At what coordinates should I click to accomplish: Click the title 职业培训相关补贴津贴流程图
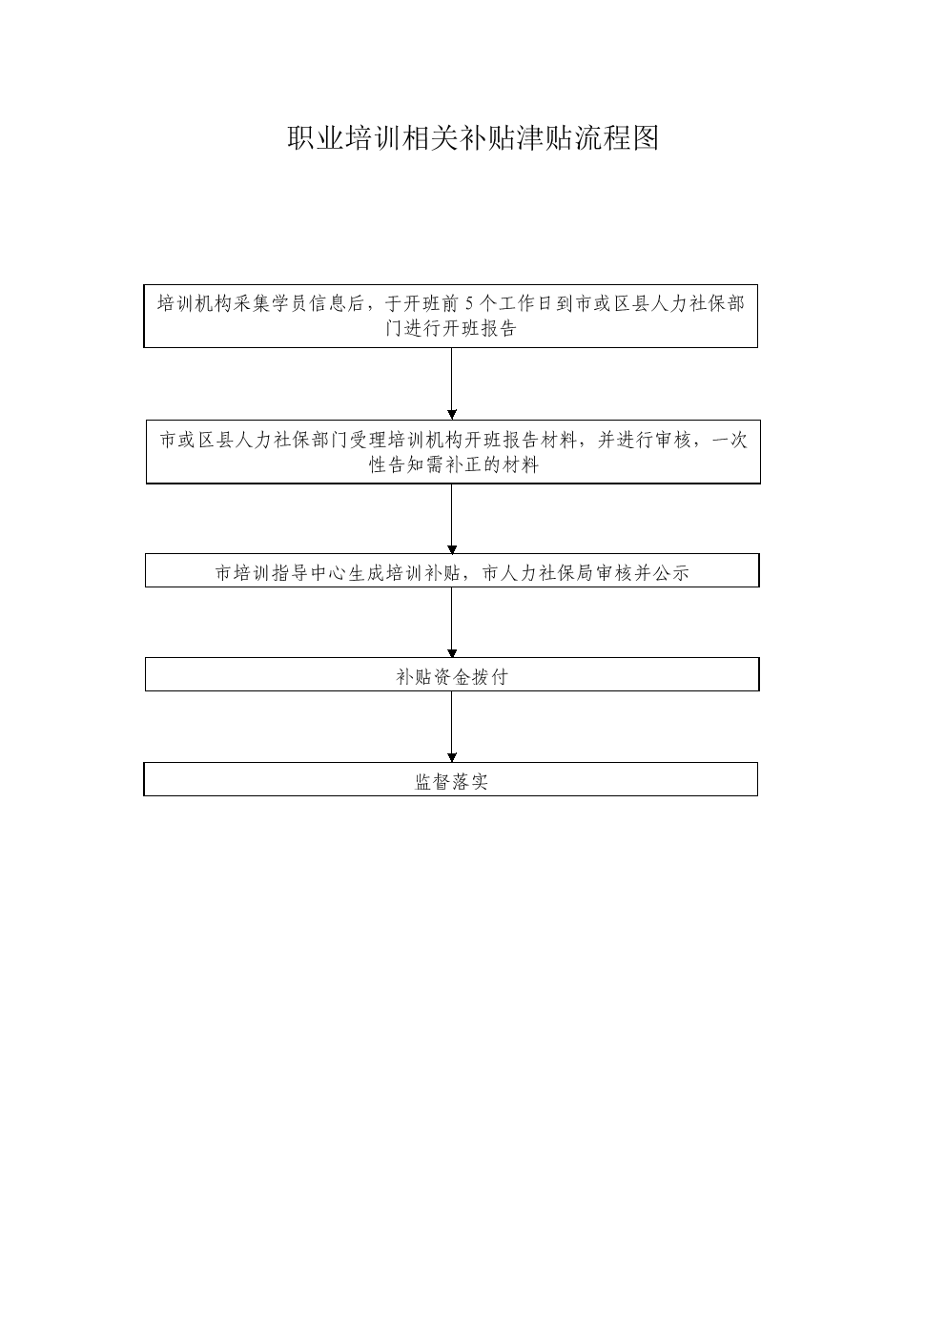click(473, 138)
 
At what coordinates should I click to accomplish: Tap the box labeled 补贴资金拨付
click(452, 674)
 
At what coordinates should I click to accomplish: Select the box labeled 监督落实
click(451, 779)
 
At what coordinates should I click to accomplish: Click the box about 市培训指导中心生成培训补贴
click(452, 570)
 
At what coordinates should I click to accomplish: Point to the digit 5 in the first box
click(469, 303)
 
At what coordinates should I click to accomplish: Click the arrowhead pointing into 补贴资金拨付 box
click(452, 653)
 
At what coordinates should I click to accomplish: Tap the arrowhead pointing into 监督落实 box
click(452, 758)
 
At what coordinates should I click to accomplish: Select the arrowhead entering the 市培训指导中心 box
click(452, 549)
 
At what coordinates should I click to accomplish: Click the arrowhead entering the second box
click(452, 415)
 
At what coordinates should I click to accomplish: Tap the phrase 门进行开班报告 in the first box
click(451, 328)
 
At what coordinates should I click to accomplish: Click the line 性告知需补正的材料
click(454, 464)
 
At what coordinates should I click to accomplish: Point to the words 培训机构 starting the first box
click(195, 303)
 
